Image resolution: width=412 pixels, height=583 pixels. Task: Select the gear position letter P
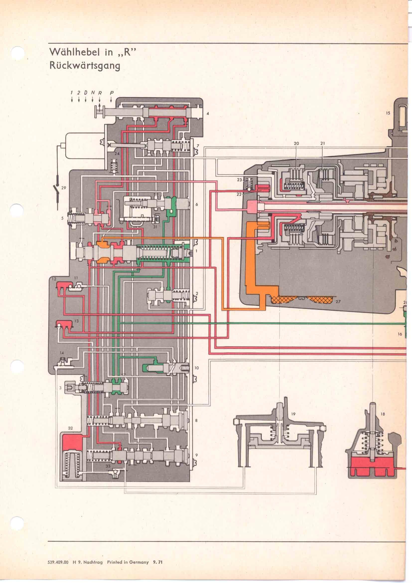[x=111, y=93]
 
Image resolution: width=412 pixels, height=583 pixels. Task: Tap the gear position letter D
[x=86, y=93]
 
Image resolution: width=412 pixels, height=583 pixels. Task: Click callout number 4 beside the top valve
[x=207, y=114]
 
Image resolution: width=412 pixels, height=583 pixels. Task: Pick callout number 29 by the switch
[x=63, y=188]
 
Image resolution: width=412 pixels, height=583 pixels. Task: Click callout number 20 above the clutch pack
[x=296, y=143]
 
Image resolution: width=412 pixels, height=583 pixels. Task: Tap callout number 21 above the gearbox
[x=322, y=143]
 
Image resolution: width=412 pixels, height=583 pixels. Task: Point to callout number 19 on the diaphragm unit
[x=293, y=414]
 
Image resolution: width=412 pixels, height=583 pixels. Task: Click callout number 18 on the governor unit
[x=383, y=414]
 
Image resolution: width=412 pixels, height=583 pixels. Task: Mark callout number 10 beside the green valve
[x=197, y=368]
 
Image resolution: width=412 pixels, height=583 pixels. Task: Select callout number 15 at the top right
[x=388, y=113]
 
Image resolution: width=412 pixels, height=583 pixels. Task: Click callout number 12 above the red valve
[x=54, y=279]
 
